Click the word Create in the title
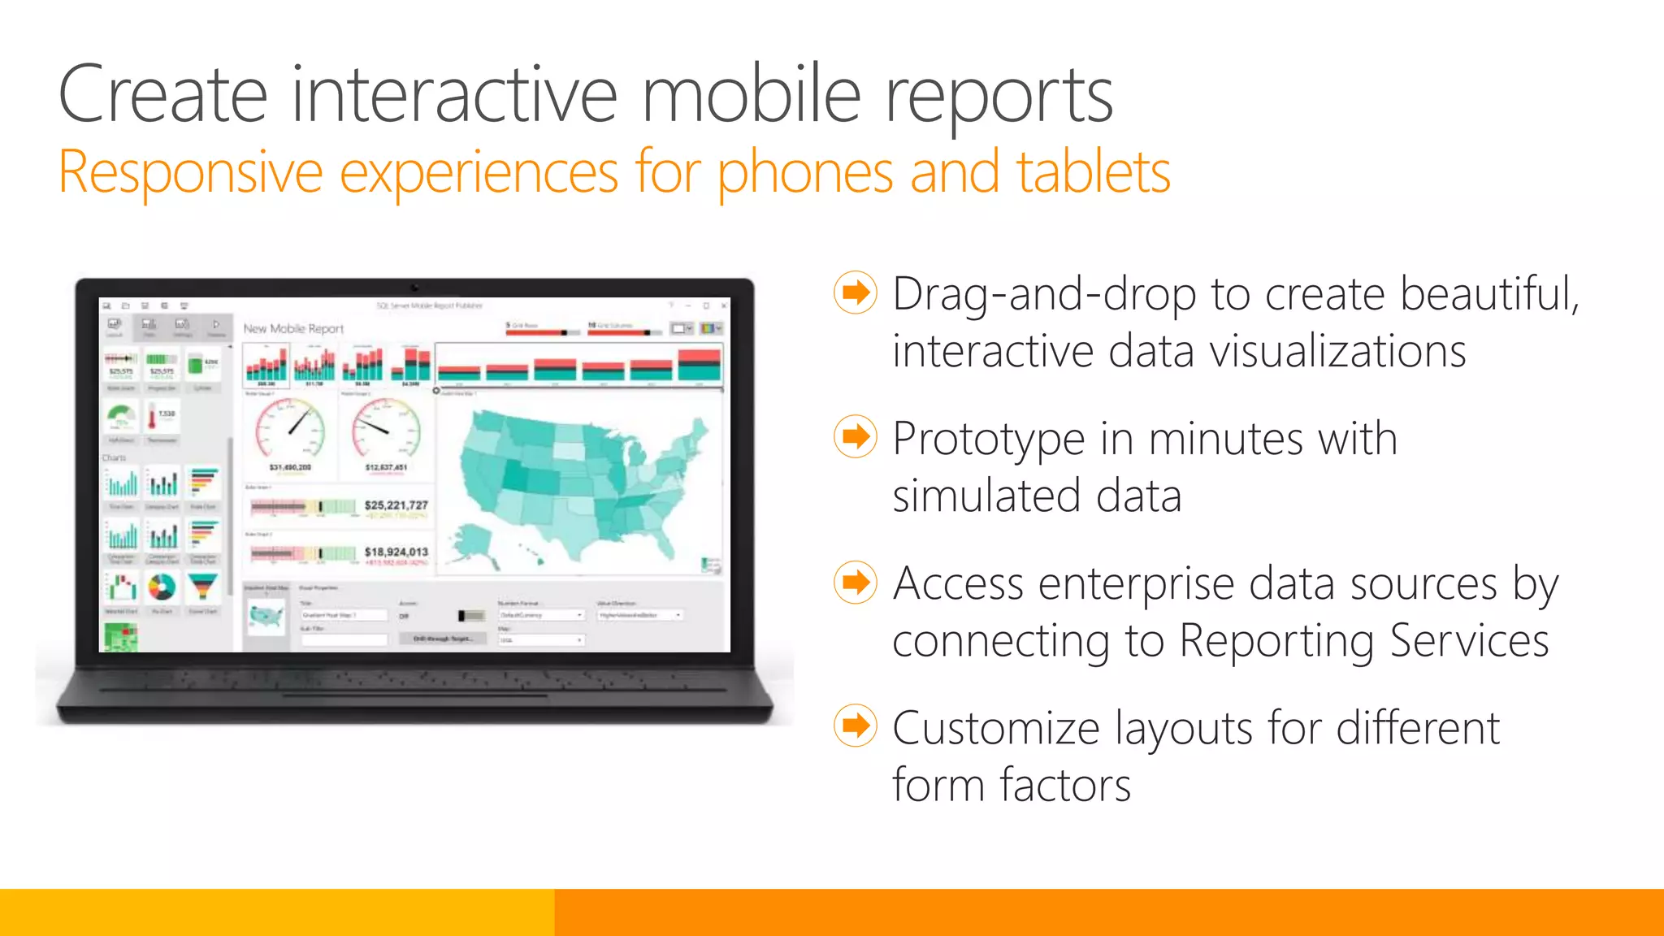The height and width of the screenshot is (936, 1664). pos(162,95)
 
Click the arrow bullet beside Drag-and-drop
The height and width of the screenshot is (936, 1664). pos(856,292)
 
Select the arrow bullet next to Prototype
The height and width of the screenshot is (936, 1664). pos(856,437)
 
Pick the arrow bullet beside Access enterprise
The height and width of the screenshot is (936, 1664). pos(856,582)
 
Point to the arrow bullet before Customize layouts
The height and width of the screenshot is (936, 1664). pos(856,726)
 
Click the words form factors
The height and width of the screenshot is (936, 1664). pos(1011,785)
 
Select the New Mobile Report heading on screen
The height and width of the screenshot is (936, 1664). pos(293,328)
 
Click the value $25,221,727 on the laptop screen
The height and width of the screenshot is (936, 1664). pos(396,505)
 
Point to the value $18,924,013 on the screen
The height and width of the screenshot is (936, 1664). pos(396,552)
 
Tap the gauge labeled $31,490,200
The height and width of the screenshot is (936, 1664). pos(290,427)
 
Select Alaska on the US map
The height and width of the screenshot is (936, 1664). pos(471,541)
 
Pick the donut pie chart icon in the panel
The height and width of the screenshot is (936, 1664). pos(162,587)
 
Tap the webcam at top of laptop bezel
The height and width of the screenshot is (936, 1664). pos(414,287)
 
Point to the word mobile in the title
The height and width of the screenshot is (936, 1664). pos(752,95)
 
